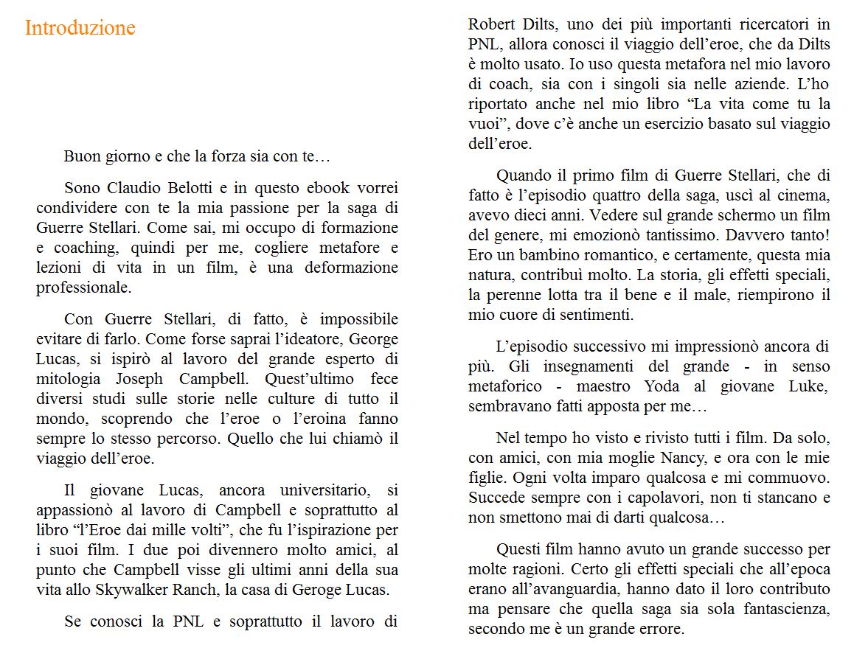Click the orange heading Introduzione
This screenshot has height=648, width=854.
click(80, 28)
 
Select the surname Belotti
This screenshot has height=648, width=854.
click(181, 188)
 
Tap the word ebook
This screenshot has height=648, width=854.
click(305, 188)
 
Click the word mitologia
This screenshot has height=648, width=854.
click(68, 379)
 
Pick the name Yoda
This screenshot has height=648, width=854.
click(662, 386)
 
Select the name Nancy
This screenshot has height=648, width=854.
click(673, 458)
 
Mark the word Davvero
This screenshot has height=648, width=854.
click(751, 235)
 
